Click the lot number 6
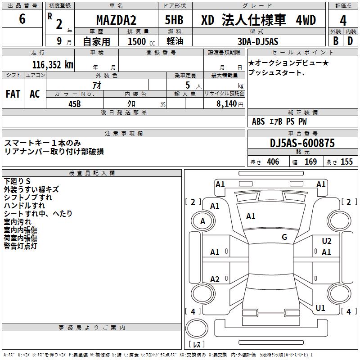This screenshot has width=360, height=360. pos(22,20)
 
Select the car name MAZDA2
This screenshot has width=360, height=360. pos(116,20)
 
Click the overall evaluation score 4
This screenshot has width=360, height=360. pos(343,21)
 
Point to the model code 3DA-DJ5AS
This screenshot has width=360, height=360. pos(258,41)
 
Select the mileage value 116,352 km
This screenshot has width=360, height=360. pos(53,64)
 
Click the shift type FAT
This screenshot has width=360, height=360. pos(13,94)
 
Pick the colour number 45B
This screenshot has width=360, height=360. pos(75,103)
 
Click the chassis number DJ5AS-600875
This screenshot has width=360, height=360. pos(302,143)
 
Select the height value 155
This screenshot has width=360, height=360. pos(346,162)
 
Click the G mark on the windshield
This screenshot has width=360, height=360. pos(284,237)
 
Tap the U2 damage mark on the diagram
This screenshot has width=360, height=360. pos(327,242)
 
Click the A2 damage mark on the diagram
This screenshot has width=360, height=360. pos(215,279)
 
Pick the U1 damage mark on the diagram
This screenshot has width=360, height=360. pos(320,308)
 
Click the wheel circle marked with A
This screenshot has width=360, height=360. pos(202,221)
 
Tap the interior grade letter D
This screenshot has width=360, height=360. pos(350,40)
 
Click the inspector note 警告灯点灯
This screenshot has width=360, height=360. pos(21,246)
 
